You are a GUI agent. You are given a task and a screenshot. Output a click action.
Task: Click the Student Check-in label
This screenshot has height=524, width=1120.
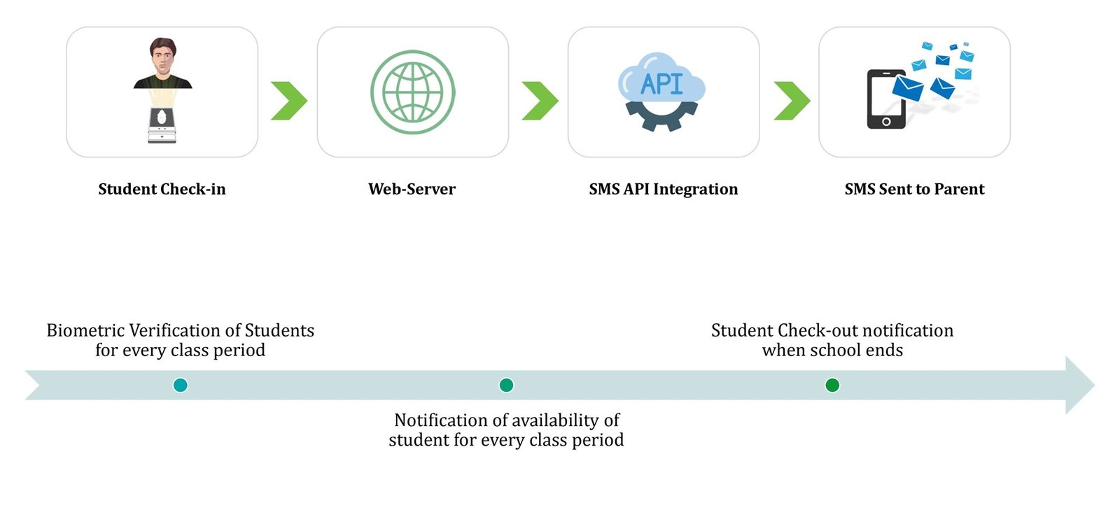162,189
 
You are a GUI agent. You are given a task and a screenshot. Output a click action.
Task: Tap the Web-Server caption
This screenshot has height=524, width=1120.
412,189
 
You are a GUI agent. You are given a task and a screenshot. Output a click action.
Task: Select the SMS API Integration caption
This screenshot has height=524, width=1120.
663,189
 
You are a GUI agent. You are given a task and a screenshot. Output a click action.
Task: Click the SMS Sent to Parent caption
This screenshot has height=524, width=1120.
914,189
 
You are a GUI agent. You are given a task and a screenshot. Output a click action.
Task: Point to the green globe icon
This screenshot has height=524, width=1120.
412,92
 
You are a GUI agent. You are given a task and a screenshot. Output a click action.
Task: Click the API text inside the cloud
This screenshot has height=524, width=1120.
661,84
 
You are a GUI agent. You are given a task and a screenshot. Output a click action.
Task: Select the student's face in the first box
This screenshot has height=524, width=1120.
162,56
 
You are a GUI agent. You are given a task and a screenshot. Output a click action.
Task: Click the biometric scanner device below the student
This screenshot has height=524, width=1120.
162,126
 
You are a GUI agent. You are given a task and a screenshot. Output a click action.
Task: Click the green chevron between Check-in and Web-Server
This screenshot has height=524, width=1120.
288,101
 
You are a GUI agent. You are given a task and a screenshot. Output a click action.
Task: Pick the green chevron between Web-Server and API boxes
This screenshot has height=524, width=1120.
539,101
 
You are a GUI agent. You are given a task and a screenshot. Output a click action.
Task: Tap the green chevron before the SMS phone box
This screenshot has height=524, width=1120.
791,101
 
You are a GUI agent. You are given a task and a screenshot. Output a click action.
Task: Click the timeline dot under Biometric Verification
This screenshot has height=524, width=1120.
180,385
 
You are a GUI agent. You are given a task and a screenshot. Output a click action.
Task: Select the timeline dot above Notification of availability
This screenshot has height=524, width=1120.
506,385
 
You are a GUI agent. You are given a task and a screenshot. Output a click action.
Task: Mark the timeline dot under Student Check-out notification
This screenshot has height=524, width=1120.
832,385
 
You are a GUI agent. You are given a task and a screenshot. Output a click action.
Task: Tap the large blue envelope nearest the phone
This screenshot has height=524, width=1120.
908,88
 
